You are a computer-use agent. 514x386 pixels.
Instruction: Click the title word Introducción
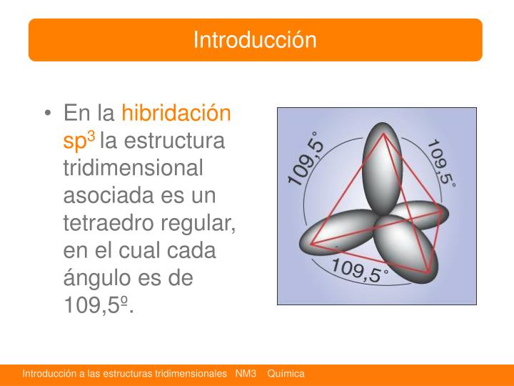coord(255,39)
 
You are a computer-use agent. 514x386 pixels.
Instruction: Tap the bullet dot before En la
coord(48,114)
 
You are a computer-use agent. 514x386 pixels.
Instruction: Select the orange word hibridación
coord(176,113)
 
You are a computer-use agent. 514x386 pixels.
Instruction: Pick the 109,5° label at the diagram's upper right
coord(440,163)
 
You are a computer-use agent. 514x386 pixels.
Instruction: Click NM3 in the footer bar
coord(245,374)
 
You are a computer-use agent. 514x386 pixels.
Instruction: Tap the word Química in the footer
coord(286,374)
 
